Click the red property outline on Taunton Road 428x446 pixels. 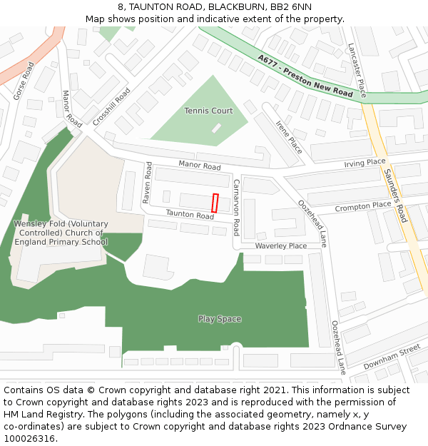click(215, 202)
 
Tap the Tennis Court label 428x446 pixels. click(208, 111)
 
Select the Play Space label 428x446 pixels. click(220, 319)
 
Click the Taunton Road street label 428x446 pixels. click(190, 215)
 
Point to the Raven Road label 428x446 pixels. click(147, 183)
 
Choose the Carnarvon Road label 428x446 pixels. click(236, 208)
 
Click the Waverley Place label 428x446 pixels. click(280, 245)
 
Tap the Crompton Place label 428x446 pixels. click(363, 206)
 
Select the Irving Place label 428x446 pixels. click(365, 163)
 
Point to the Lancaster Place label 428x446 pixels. click(356, 70)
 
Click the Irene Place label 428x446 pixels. click(289, 138)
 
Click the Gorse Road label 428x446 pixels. click(24, 81)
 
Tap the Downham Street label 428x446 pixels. click(392, 358)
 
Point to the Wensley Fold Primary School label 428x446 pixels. click(61, 233)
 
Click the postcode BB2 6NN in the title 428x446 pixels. click(291, 6)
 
